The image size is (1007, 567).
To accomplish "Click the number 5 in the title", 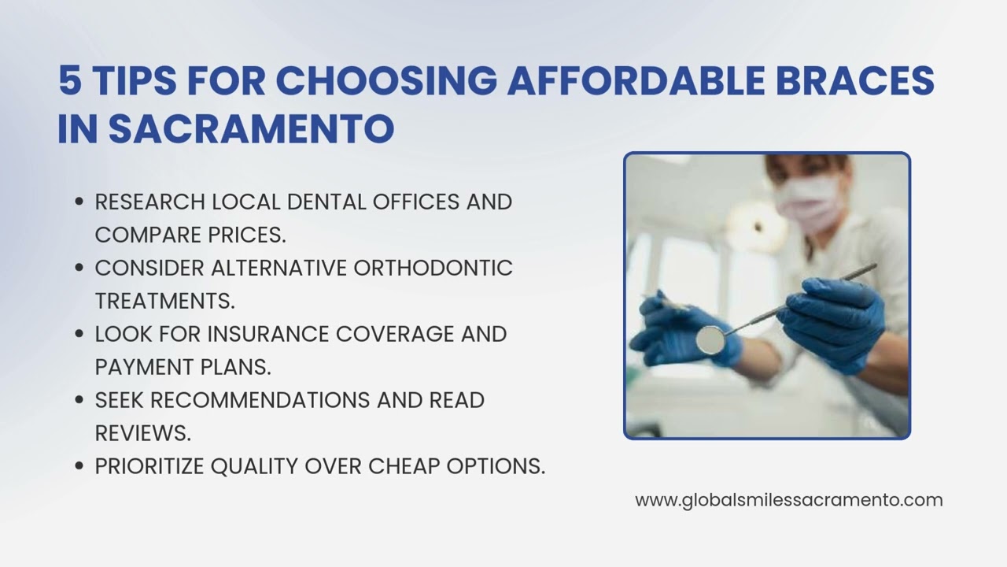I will tap(70, 81).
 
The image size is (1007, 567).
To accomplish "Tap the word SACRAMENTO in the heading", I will tap(251, 129).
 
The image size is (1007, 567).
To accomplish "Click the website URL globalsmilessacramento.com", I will tap(788, 500).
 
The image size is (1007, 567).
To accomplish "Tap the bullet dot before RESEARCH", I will tap(79, 202).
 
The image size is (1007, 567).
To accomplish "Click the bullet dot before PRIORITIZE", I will tap(79, 466).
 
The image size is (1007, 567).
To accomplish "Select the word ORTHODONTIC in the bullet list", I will tap(433, 268).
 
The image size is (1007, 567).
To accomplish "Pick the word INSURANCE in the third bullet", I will tap(268, 334).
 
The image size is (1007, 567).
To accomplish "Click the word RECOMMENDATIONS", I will tap(260, 400).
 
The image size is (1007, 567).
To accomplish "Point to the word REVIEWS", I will tap(142, 433).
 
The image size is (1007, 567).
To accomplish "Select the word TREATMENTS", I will tap(164, 301).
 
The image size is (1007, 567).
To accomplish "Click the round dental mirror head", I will tap(710, 338).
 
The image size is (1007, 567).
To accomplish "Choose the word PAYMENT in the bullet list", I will tap(142, 367).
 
